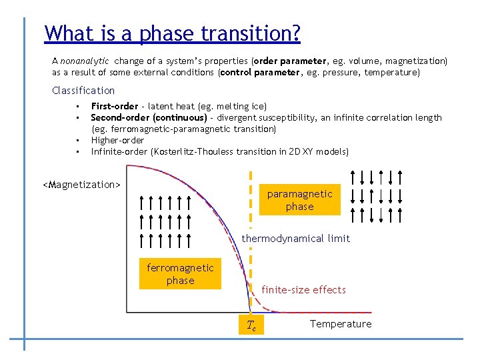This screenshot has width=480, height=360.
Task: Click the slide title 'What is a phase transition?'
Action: point(172,33)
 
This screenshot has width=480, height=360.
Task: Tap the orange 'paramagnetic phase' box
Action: point(299,200)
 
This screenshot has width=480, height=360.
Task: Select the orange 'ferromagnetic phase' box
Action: point(180,274)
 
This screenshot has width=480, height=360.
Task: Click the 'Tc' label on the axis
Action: point(251,325)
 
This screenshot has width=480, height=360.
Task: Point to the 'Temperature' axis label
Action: point(341,324)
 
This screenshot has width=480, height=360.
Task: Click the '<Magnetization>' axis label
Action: point(81,185)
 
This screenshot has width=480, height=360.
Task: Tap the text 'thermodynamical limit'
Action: point(295,239)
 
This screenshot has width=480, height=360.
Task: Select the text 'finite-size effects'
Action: point(303,290)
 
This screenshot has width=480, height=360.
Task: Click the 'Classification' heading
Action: point(83,91)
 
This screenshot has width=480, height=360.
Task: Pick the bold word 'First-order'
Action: point(114,106)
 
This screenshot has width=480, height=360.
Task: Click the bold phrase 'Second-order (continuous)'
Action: point(149,117)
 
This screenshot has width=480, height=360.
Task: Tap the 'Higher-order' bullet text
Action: point(117,140)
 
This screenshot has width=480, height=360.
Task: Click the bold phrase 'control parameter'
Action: point(260,72)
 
